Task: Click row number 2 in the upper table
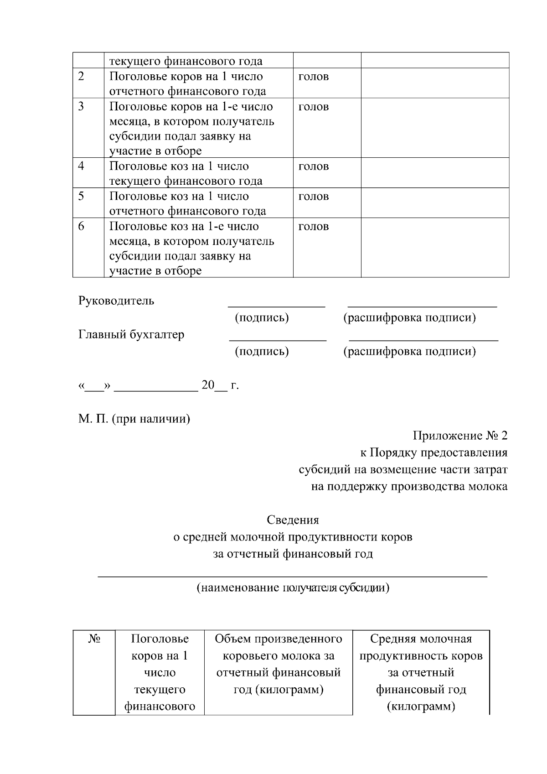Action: [x=81, y=76]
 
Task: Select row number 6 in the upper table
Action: [x=81, y=226]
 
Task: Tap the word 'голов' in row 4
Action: [x=313, y=166]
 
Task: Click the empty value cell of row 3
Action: [x=435, y=128]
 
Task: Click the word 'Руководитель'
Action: [x=116, y=301]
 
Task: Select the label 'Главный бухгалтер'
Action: [x=131, y=335]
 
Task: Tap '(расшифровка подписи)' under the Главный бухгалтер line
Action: [x=409, y=352]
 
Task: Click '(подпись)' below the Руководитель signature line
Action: [x=262, y=318]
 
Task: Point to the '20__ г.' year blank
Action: [x=220, y=385]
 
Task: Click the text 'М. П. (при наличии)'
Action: [x=134, y=419]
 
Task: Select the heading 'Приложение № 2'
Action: [x=459, y=436]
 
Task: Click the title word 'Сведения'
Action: [x=293, y=520]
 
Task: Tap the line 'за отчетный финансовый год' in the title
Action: [x=293, y=554]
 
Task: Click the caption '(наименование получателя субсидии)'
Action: [x=293, y=587]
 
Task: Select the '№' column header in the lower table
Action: [x=94, y=639]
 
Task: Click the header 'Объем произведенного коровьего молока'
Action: [x=279, y=647]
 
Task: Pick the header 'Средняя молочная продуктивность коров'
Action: [x=421, y=647]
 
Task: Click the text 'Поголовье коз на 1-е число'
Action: [x=184, y=227]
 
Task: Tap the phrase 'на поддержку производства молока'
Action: [x=409, y=487]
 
